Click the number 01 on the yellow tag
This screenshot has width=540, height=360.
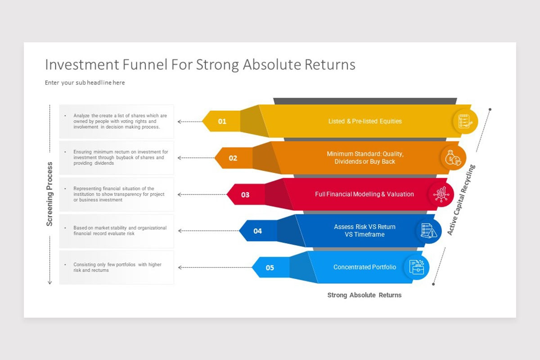222,121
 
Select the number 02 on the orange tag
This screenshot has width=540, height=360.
233,158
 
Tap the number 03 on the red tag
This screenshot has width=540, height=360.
245,195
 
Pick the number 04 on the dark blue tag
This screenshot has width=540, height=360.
257,231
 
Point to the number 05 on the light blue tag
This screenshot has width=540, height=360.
270,268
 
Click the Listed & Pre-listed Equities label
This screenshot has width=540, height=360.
365,121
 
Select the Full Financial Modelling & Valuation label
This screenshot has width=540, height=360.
364,194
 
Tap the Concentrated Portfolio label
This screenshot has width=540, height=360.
365,267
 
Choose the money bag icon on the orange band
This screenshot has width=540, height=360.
452,158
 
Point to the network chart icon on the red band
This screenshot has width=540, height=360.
441,194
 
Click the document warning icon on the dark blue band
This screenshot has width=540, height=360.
428,231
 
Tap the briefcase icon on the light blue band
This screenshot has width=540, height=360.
416,267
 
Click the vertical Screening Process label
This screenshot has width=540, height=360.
50,194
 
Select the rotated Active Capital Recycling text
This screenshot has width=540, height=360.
461,200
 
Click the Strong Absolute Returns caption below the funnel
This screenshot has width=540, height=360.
364,295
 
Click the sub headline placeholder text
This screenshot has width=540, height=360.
85,83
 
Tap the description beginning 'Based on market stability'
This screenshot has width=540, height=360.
120,231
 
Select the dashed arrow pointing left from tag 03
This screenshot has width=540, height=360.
202,195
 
